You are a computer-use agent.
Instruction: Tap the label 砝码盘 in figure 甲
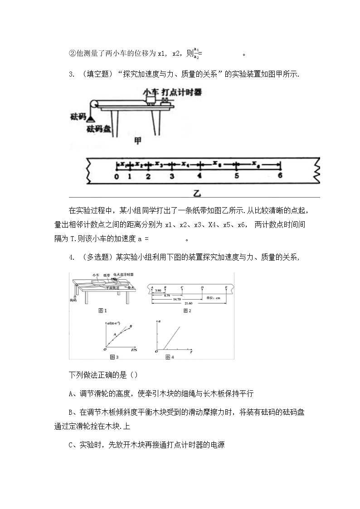pyautogui.click(x=99, y=128)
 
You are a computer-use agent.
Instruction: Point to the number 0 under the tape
pyautogui.click(x=117, y=177)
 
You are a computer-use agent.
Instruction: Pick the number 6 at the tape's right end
pyautogui.click(x=280, y=176)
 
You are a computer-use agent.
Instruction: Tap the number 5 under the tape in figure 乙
pyautogui.click(x=236, y=177)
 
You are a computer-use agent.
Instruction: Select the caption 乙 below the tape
pyautogui.click(x=196, y=193)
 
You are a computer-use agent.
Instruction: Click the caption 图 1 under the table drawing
pyautogui.click(x=102, y=310)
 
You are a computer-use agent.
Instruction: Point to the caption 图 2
pyautogui.click(x=187, y=310)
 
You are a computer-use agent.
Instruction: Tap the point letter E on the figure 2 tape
pyautogui.click(x=226, y=287)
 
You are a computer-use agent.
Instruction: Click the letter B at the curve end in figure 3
pyautogui.click(x=131, y=326)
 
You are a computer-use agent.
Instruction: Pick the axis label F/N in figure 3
pyautogui.click(x=134, y=350)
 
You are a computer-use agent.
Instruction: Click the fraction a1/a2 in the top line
pyautogui.click(x=196, y=53)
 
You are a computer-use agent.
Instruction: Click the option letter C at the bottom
pyautogui.click(x=71, y=445)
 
